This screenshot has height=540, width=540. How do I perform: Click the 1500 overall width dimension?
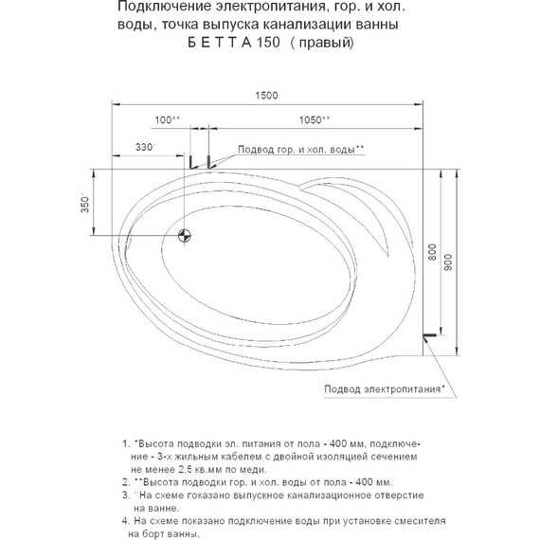tap(266, 96)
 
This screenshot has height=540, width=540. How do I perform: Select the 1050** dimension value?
tap(315, 120)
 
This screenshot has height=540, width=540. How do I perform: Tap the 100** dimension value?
tap(167, 120)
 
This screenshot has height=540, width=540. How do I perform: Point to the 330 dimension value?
tap(145, 147)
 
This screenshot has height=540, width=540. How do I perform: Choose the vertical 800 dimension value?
tap(432, 252)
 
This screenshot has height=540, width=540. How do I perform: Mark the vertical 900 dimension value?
tap(448, 262)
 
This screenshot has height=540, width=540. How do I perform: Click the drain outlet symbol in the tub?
tap(185, 236)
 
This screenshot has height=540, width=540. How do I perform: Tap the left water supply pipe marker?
tap(190, 161)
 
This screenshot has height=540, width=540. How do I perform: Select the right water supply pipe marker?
tap(208, 161)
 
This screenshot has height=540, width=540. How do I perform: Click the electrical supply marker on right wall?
tap(430, 334)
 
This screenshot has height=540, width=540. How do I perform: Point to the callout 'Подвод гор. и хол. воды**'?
tap(301, 150)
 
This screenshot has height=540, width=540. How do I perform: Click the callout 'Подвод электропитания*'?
tap(385, 389)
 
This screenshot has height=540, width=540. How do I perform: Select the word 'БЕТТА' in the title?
tap(220, 43)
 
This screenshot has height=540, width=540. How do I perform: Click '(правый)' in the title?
tap(322, 43)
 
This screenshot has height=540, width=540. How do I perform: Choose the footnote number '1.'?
tap(126, 443)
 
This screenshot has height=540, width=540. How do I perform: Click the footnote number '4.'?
tap(125, 521)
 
